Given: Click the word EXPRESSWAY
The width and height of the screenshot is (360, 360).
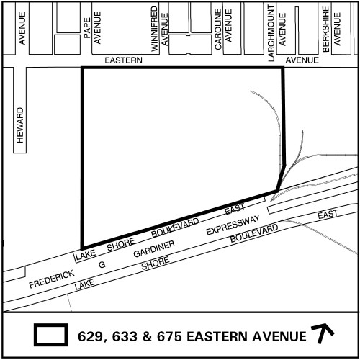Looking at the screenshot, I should pos(232,226).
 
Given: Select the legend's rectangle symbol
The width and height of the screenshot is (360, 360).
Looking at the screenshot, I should pos(51,335).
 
